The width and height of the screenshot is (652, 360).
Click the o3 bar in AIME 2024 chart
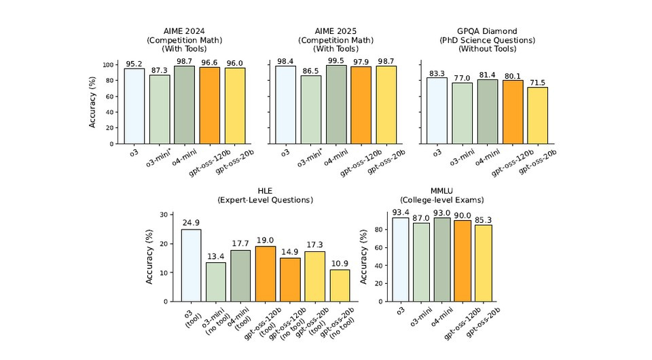point(134,106)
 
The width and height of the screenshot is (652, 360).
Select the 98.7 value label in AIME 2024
point(184,61)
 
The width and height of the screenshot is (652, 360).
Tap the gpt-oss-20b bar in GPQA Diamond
point(537,115)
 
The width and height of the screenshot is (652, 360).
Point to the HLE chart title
point(265,195)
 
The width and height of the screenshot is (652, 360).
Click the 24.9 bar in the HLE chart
point(191,265)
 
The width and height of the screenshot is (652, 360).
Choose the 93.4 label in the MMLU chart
point(400,213)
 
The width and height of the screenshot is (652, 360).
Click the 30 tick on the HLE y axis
point(162,215)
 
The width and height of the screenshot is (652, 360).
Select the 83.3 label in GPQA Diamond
point(437,73)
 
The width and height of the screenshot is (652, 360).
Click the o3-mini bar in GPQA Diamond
point(463,113)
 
